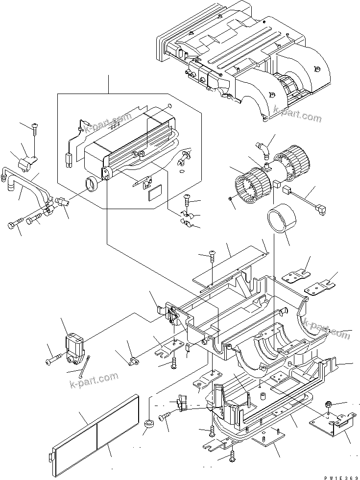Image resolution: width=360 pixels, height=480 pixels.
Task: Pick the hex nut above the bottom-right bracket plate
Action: (329, 405)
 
